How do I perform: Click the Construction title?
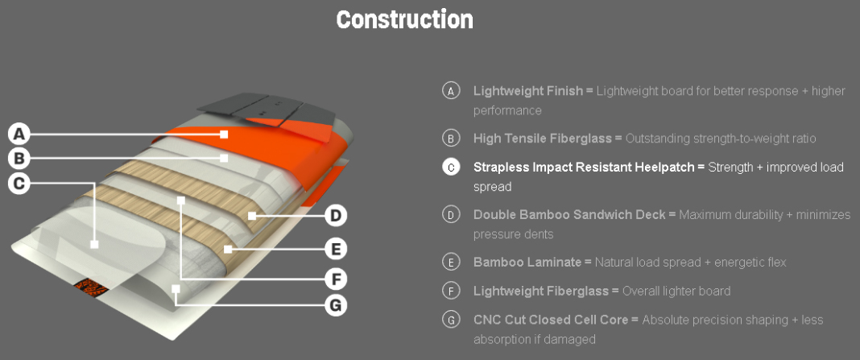point(404,19)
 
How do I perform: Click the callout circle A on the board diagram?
point(21,133)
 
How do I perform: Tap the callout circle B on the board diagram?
point(21,158)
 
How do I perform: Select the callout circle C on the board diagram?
point(21,183)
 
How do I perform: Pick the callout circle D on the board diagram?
point(337,215)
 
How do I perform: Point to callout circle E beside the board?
point(337,248)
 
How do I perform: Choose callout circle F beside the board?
point(337,279)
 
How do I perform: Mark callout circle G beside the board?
point(337,304)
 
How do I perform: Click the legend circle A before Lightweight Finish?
point(451,90)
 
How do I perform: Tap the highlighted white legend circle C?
point(451,167)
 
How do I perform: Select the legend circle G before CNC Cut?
point(451,320)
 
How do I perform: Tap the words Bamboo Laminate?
point(527,263)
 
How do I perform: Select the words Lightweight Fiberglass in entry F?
point(541,291)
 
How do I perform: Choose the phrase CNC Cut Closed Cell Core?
point(550,320)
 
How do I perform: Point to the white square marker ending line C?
point(94,244)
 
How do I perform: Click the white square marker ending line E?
point(228,249)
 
